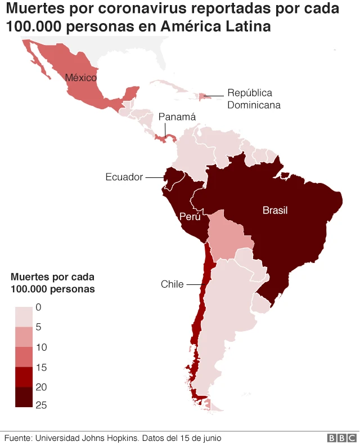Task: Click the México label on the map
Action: point(80,78)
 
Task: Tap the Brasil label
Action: point(274,210)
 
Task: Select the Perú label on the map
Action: point(190,216)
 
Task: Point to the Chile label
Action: point(172,284)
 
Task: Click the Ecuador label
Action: point(124,177)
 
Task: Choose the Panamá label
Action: point(177,117)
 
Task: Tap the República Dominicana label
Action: point(253,99)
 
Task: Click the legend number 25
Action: point(42,406)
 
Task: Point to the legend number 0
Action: point(39,307)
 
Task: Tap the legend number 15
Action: point(42,367)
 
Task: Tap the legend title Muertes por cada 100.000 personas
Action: point(52,283)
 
